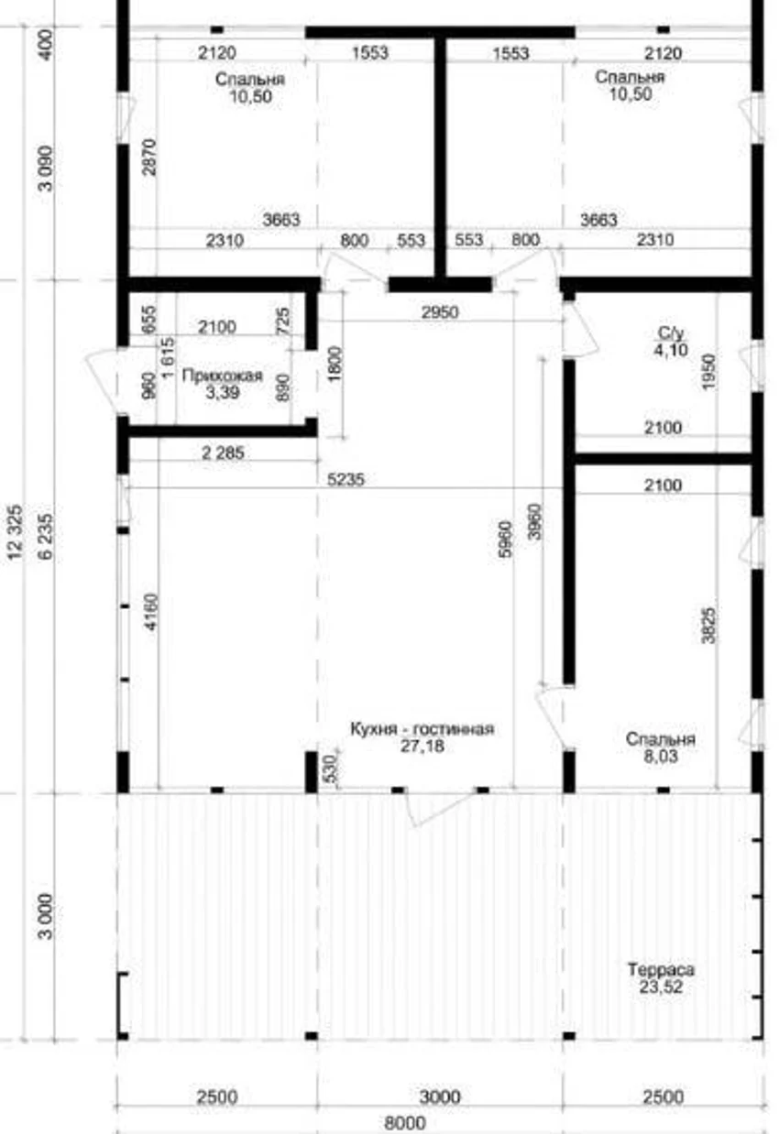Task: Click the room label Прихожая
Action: click(223, 376)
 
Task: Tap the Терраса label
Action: click(661, 969)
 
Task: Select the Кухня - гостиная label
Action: click(422, 729)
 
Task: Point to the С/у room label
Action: click(671, 333)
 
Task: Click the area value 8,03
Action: click(660, 757)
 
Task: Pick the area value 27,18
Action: click(422, 746)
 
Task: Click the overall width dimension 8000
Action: click(405, 1123)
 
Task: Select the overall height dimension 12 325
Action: click(16, 531)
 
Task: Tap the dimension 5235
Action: click(346, 479)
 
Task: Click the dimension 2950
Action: click(440, 312)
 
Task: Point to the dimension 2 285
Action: click(224, 453)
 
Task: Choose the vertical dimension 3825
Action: click(709, 626)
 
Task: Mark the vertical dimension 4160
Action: click(151, 612)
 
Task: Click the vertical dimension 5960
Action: click(505, 540)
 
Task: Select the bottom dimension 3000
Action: click(440, 1097)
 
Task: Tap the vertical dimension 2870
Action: click(149, 158)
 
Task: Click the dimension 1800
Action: click(335, 365)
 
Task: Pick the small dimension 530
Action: click(330, 769)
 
